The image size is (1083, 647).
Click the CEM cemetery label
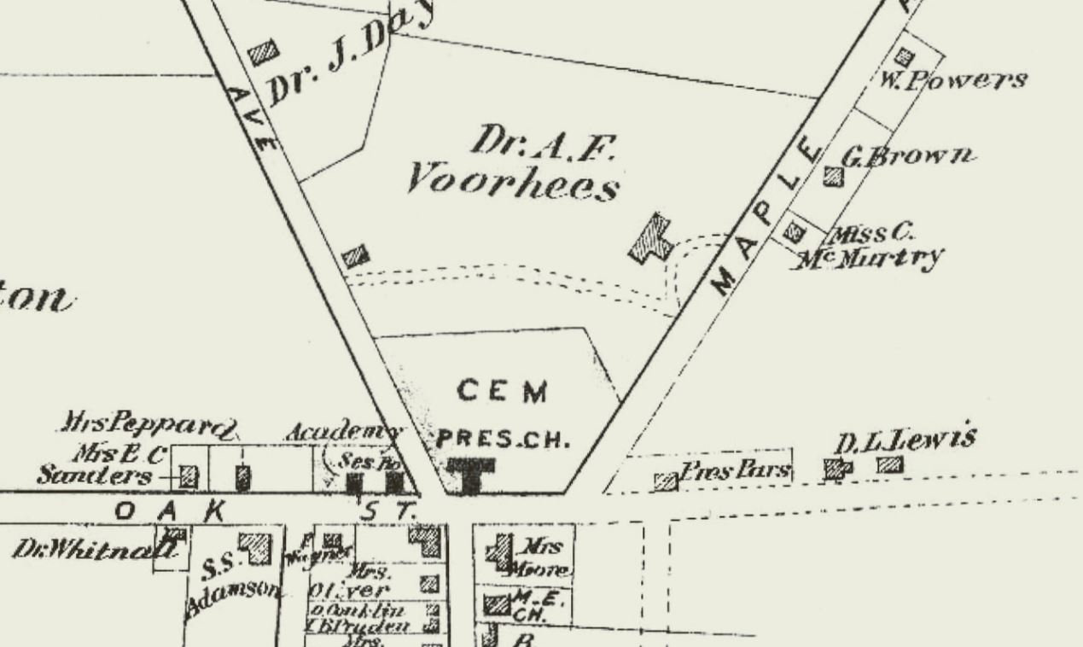tap(502, 392)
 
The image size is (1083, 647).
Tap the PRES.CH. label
tap(502, 440)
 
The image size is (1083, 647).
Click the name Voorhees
tap(512, 181)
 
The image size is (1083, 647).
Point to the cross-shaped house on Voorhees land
tap(651, 238)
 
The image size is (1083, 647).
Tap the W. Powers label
tap(950, 81)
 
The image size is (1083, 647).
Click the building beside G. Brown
tap(833, 177)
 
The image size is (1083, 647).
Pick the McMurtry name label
tap(870, 257)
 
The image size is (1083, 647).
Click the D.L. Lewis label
tap(904, 440)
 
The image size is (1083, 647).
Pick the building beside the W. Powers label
tap(903, 58)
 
